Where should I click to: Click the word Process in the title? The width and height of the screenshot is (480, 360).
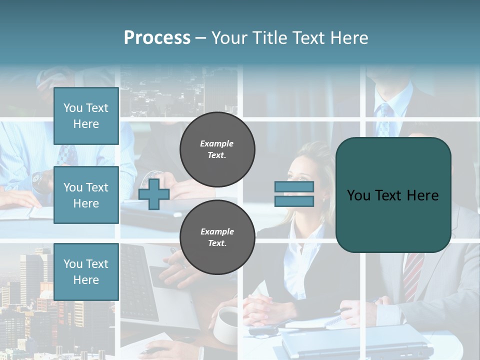click(x=157, y=38)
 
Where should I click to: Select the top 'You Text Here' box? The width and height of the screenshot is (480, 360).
click(x=86, y=116)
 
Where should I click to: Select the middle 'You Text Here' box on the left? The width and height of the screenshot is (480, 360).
click(x=86, y=195)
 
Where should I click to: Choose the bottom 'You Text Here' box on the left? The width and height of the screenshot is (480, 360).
click(x=86, y=272)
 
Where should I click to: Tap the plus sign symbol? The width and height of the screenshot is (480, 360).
click(x=154, y=194)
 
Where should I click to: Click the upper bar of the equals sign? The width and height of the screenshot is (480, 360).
click(x=294, y=186)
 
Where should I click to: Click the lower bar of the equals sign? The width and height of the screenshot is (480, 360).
click(x=294, y=201)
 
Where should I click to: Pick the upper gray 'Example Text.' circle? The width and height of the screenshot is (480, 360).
click(x=217, y=149)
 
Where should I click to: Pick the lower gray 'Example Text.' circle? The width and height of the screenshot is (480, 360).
click(x=217, y=237)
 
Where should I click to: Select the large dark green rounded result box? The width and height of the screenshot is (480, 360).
click(x=393, y=195)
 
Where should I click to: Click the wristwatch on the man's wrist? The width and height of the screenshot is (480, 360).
click(x=38, y=178)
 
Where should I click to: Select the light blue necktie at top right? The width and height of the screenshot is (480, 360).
click(x=384, y=120)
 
